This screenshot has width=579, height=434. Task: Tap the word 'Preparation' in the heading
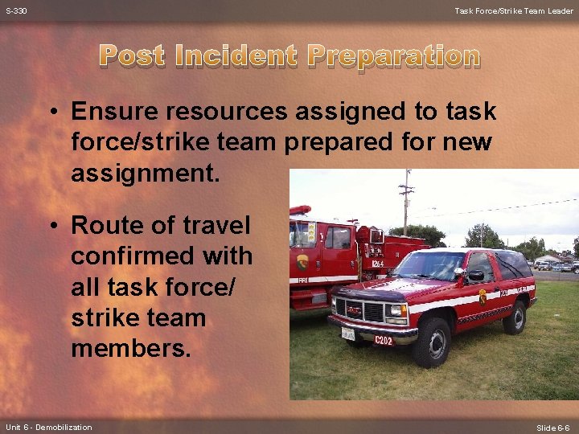[x=394, y=56]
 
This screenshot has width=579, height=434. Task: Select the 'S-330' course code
[x=15, y=10]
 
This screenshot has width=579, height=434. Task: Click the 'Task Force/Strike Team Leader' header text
[x=514, y=10]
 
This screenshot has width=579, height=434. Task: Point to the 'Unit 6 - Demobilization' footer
[x=48, y=427]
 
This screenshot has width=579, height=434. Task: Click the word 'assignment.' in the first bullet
[x=145, y=173]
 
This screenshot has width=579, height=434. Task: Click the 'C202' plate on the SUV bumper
[x=384, y=339]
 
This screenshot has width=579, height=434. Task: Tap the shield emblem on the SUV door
[x=482, y=297]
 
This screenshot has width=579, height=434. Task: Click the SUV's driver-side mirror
[x=475, y=276]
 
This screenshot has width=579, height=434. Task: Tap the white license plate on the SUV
[x=348, y=332]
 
